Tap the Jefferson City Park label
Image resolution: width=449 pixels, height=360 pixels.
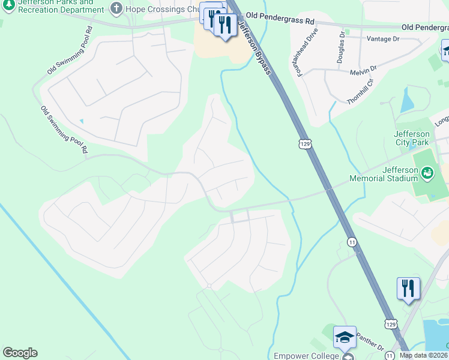tap(411, 138)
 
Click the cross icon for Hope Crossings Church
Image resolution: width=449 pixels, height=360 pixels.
tap(116, 8)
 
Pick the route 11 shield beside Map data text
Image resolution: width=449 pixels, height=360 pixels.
tap(390, 356)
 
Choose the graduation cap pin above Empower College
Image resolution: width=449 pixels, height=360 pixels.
tap(345, 338)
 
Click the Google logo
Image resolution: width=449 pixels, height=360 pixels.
tap(20, 353)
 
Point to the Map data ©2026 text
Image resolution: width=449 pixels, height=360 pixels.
tap(424, 355)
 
